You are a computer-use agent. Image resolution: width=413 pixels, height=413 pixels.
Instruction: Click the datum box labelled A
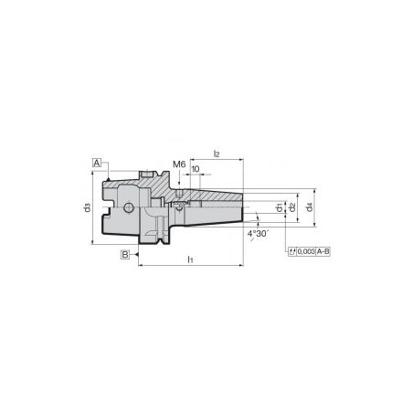point(96,162)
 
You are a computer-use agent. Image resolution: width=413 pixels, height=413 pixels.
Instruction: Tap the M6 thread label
point(179,164)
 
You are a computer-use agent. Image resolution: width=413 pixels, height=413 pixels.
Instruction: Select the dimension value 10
point(196,170)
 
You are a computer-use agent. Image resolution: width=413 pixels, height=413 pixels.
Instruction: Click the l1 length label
point(190,260)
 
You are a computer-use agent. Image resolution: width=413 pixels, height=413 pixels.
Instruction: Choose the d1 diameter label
point(279,208)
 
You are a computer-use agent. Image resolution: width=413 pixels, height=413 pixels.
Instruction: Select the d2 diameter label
point(291,208)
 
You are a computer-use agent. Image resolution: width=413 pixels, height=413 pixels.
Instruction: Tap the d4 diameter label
point(311,208)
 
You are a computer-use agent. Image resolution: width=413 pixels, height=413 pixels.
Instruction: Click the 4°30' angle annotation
point(258,234)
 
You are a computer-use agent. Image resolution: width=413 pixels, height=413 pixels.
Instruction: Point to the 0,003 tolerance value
point(304,249)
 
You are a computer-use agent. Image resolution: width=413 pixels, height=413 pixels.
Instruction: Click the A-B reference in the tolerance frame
point(323,249)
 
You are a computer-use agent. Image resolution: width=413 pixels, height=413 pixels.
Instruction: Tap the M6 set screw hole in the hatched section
point(180,194)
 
